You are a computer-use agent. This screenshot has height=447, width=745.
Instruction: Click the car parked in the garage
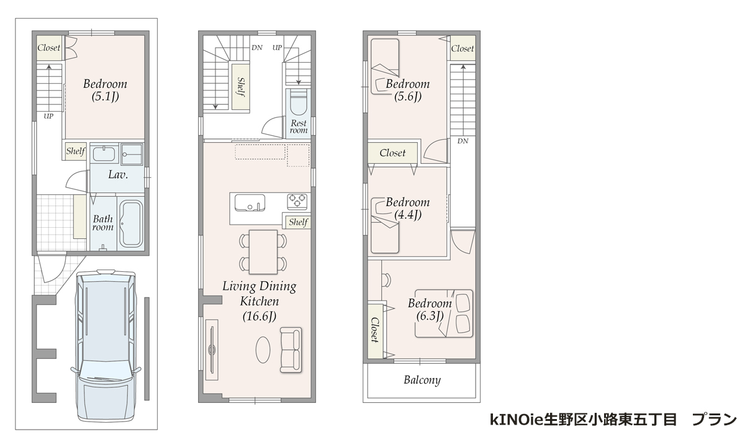tap(105, 348)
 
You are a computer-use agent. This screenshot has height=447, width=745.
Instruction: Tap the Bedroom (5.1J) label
tap(105, 89)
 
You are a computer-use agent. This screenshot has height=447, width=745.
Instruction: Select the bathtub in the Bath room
tap(130, 223)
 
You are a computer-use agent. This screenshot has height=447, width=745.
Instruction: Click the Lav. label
tap(118, 175)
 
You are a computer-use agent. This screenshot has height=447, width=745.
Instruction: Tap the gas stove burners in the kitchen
tap(297, 201)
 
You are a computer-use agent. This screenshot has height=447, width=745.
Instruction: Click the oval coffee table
tap(264, 350)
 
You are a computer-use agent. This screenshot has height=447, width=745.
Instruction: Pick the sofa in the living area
tap(290, 350)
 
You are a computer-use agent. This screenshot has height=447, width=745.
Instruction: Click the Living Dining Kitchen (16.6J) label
tap(260, 301)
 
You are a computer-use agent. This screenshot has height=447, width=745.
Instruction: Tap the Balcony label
tap(422, 380)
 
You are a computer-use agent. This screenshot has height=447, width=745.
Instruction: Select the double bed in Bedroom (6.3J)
tap(443, 314)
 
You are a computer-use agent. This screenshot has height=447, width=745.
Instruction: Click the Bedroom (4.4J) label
tap(407, 209)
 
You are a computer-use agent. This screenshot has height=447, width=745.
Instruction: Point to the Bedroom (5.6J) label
tap(407, 89)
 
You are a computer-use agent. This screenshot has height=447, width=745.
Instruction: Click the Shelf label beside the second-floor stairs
tap(240, 86)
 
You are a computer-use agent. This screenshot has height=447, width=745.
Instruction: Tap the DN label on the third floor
tap(463, 142)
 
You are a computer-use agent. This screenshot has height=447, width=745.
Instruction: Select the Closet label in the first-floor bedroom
tap(48, 48)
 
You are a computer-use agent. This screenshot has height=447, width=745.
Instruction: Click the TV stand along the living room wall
tap(212, 349)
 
